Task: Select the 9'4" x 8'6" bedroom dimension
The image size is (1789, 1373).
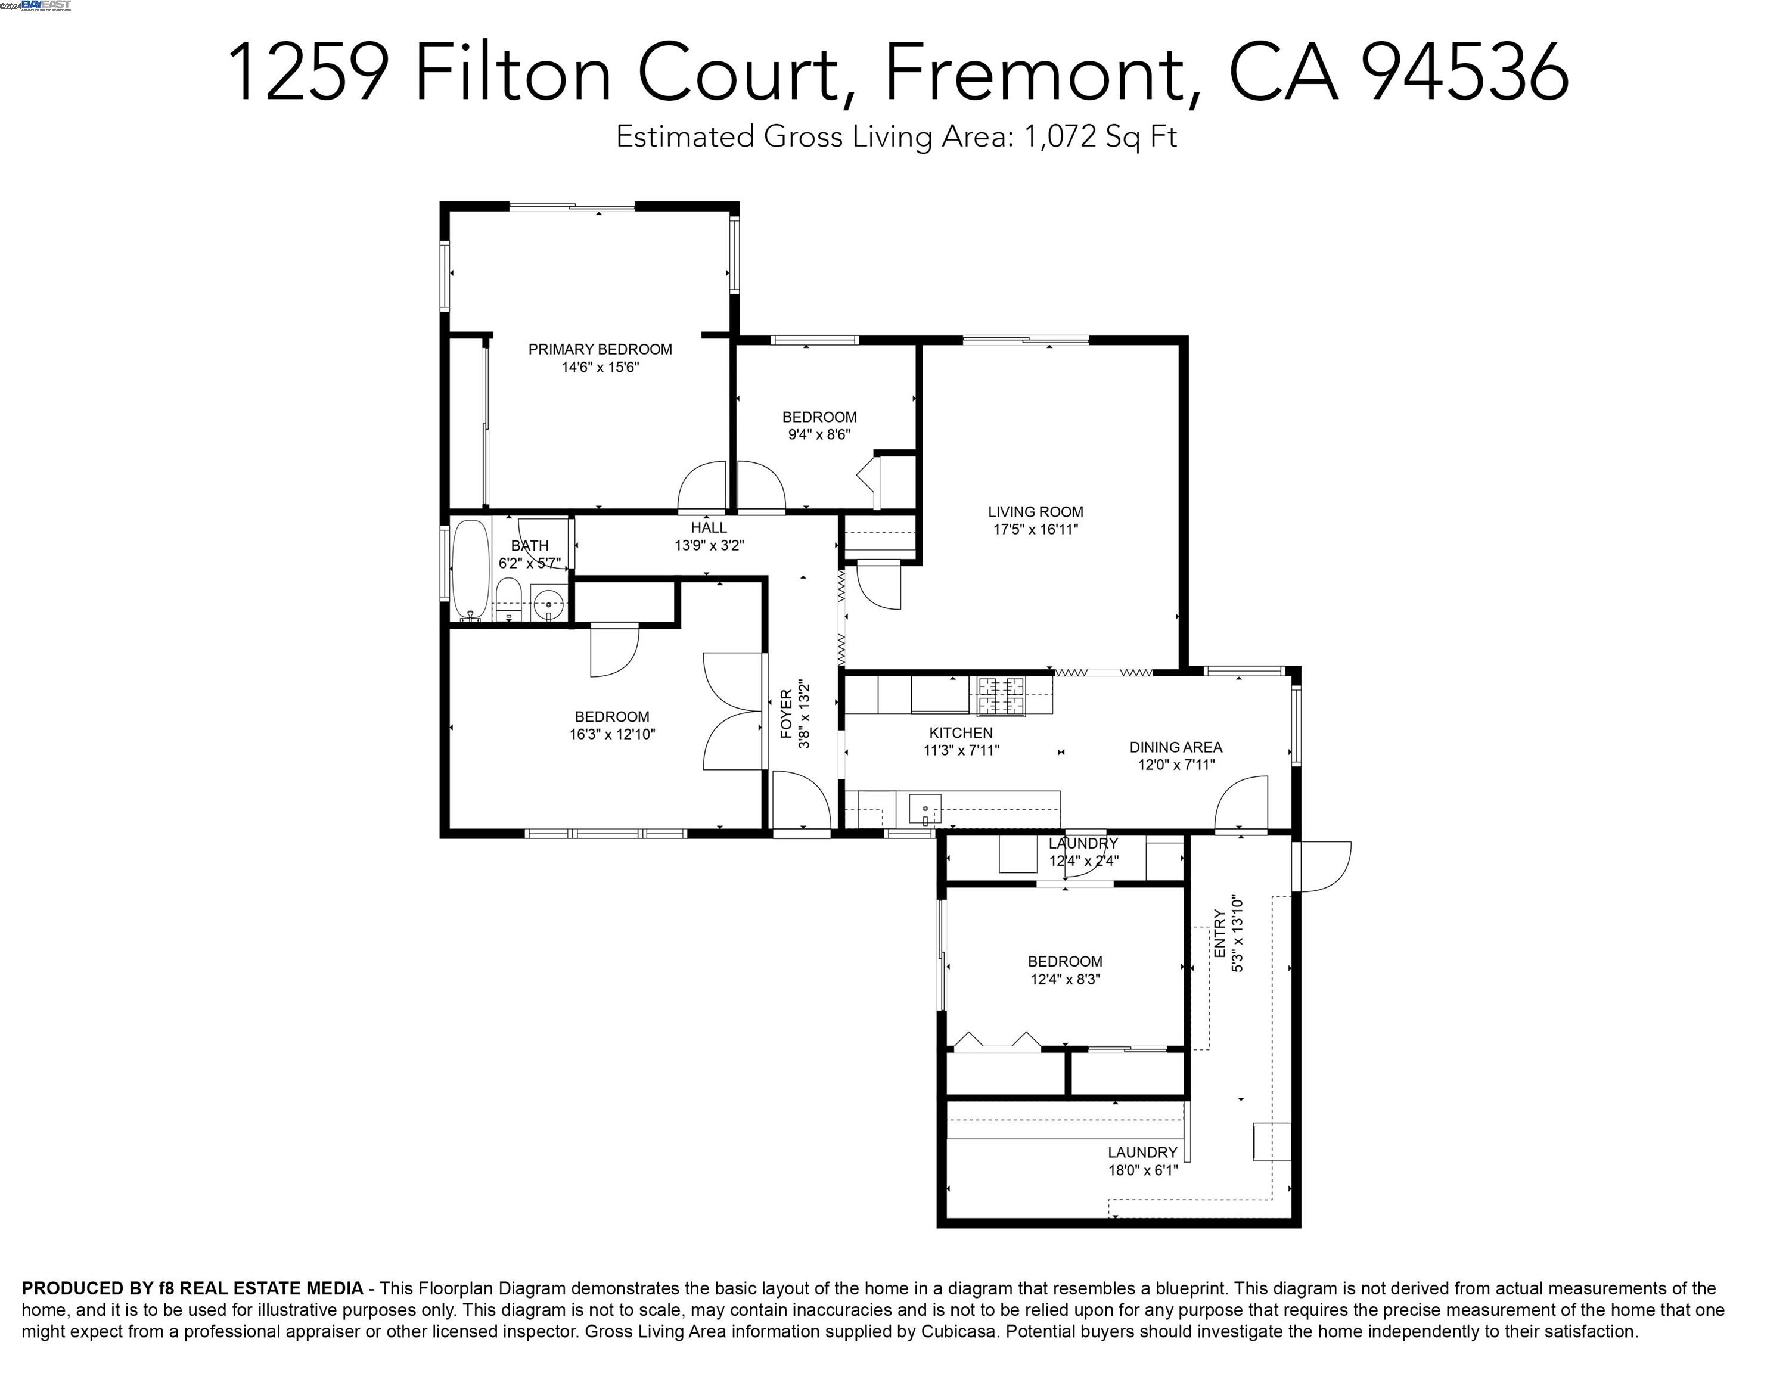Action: point(819,435)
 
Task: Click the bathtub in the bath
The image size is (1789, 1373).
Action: point(470,570)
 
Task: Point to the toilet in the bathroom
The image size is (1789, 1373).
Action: point(508,598)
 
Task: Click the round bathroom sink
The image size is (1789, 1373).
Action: point(548,605)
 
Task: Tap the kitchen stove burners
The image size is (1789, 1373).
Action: point(1001,696)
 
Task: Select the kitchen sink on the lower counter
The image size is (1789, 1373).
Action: point(924,809)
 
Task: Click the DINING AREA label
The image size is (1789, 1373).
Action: point(1175,747)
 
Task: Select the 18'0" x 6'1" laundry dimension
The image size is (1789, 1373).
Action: point(1142,1170)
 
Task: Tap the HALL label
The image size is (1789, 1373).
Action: point(709,528)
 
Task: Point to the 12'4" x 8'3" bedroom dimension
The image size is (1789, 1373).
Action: point(1065,979)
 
